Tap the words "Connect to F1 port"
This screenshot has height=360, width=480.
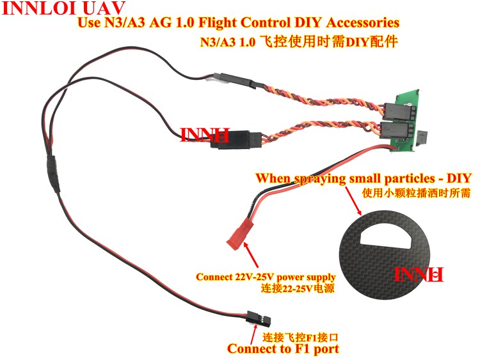[283, 348]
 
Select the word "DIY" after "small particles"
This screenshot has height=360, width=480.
[457, 178]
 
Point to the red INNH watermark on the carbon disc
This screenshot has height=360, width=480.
[419, 276]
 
